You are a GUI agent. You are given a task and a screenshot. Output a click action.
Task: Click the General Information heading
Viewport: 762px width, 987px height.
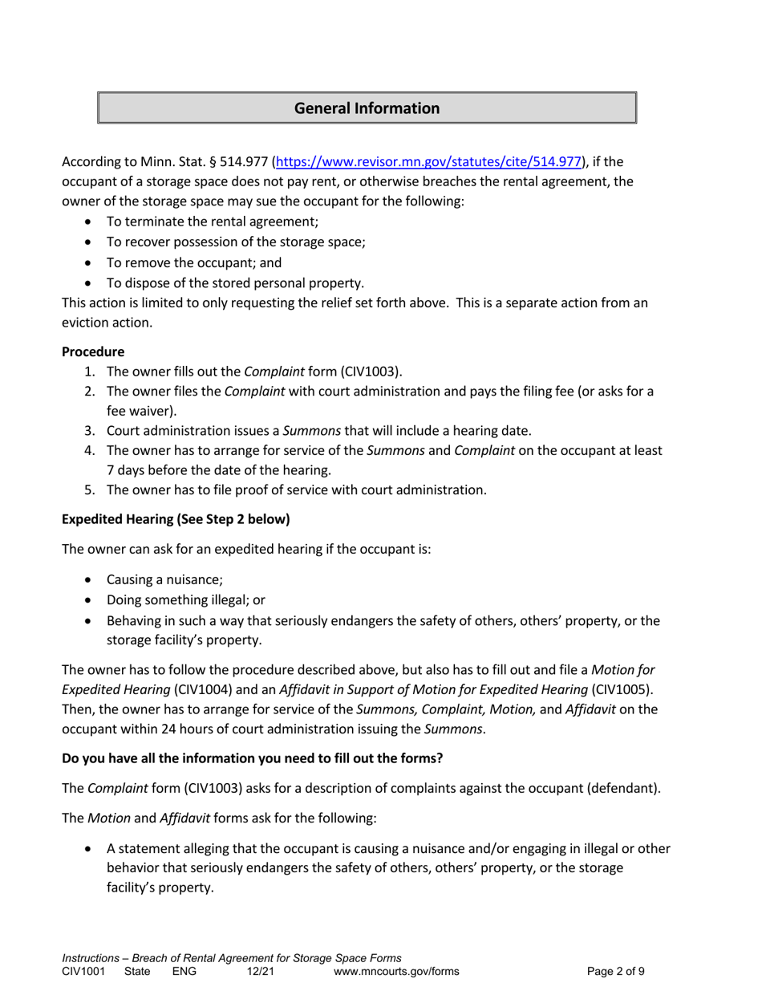click(367, 108)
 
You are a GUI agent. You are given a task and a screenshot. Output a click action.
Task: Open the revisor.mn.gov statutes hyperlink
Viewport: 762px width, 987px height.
click(428, 161)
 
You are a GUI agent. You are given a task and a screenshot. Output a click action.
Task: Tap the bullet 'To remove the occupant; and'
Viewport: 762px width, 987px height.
click(193, 262)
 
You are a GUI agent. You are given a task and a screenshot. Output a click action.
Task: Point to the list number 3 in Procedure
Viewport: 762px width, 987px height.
click(89, 430)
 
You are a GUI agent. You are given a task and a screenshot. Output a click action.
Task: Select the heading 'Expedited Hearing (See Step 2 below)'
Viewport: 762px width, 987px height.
click(176, 519)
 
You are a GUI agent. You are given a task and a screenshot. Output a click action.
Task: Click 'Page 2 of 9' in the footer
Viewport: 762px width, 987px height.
click(616, 971)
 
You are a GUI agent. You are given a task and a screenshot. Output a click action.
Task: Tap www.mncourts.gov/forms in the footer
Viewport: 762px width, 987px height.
click(396, 971)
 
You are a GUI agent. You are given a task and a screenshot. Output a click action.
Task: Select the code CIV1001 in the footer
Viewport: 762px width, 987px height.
click(83, 971)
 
